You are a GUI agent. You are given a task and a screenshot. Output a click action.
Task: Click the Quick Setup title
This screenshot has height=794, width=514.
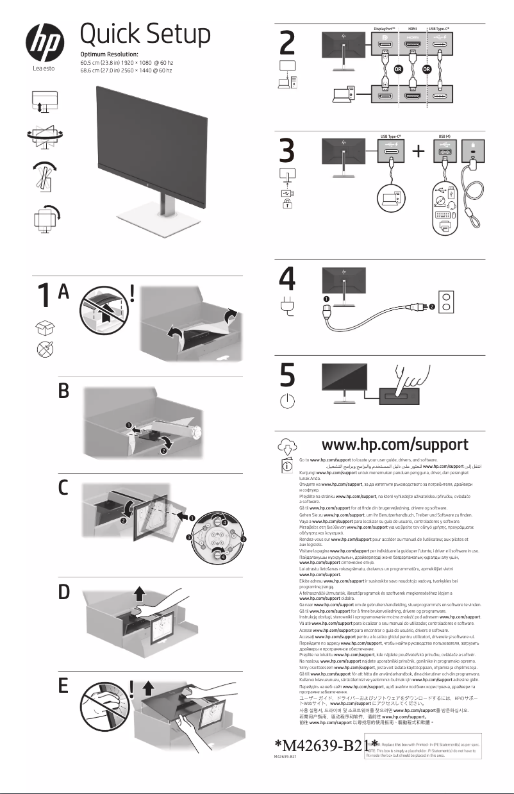[145, 33]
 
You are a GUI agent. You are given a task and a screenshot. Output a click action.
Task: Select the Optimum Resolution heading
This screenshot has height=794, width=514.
[112, 55]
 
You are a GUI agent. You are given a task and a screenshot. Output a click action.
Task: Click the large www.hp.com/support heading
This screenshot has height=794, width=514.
[394, 444]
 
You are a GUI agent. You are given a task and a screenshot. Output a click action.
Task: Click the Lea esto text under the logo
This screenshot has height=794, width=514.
[45, 69]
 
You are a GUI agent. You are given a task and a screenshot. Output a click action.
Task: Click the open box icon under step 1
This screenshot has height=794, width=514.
[44, 327]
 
